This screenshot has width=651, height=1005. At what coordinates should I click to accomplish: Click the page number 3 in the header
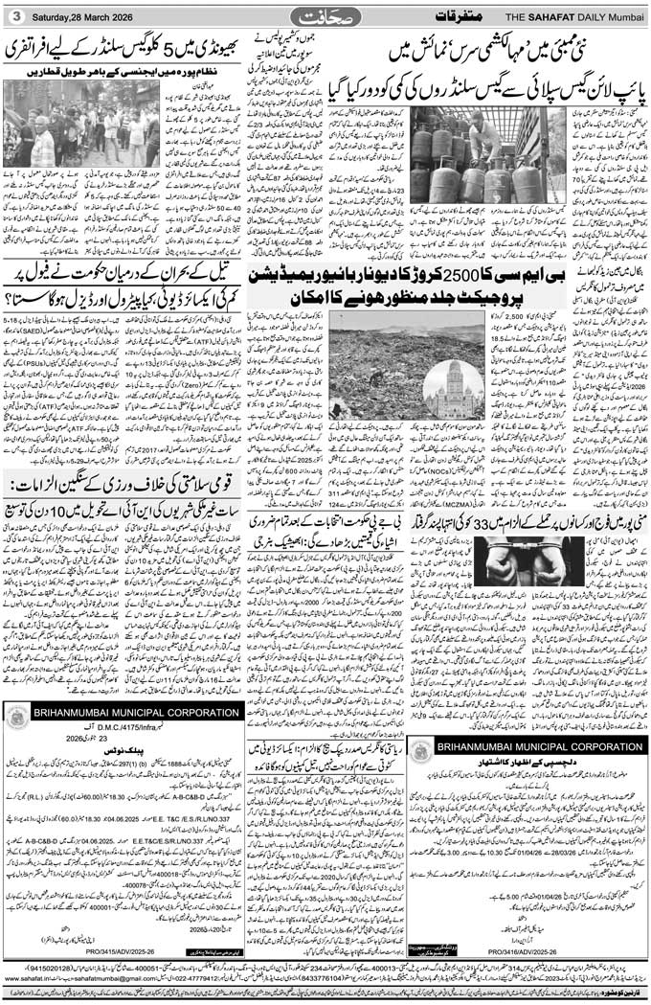pos(14,14)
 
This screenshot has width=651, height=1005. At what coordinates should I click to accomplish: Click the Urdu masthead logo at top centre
pos(325,15)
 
